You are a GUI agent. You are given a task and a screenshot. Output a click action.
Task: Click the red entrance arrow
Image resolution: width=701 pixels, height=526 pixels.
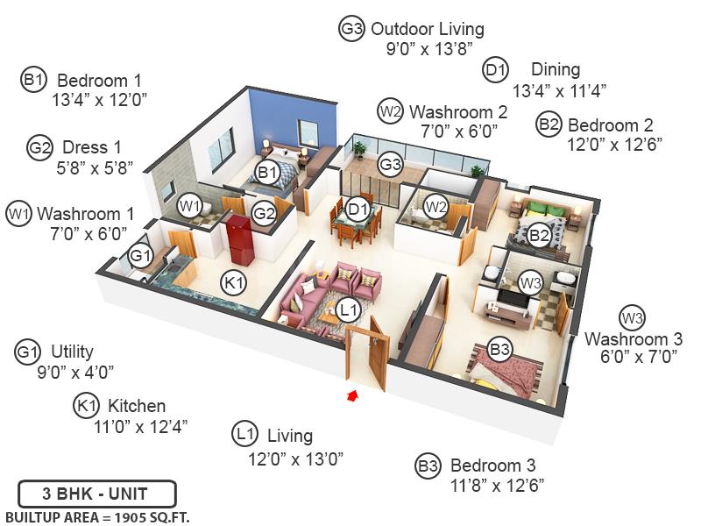click(x=353, y=396)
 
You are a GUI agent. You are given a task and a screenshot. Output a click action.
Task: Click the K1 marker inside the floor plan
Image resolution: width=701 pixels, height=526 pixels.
click(x=233, y=282)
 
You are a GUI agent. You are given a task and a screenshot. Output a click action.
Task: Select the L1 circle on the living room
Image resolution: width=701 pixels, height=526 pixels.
click(x=349, y=309)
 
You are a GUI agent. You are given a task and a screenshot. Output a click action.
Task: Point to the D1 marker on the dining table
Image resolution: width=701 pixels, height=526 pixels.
click(x=357, y=210)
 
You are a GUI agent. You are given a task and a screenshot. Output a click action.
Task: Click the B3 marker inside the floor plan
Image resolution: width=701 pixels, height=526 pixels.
click(x=499, y=351)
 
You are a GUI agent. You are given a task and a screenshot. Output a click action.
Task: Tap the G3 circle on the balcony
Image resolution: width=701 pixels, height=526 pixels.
click(x=390, y=164)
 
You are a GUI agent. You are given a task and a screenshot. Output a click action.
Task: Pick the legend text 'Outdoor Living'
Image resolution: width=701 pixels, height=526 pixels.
click(x=427, y=29)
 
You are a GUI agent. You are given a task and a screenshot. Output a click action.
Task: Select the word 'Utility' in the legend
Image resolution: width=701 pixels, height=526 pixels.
click(x=72, y=352)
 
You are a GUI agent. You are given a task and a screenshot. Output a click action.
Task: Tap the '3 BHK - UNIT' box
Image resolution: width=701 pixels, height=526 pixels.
click(x=97, y=493)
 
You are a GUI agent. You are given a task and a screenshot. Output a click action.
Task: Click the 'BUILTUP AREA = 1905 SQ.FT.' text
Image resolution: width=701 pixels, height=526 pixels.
click(x=97, y=515)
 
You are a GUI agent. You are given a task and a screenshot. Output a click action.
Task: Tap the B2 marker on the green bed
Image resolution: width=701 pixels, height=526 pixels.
click(x=540, y=234)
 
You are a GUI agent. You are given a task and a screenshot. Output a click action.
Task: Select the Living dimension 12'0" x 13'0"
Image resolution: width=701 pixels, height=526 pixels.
click(x=295, y=457)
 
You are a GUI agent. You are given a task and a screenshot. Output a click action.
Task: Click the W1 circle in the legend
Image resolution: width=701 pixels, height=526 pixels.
click(x=19, y=213)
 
